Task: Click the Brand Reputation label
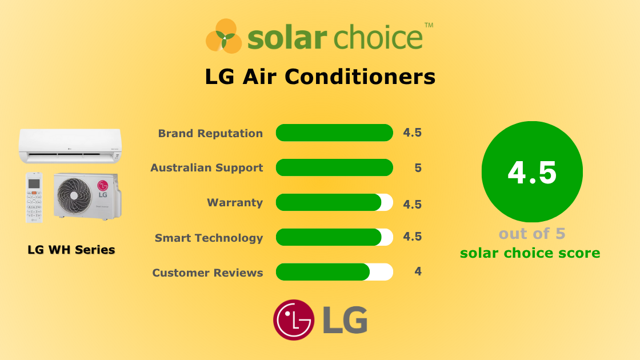point(210,133)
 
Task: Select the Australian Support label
point(206,168)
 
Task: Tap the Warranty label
point(235,203)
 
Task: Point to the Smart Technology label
point(209,238)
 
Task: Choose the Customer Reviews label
point(207,273)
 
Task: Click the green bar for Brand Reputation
point(334,133)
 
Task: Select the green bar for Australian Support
point(334,167)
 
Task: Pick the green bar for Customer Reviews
point(323,272)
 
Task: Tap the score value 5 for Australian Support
point(418,168)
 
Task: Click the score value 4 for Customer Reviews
point(418,272)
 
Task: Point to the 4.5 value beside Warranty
point(412,203)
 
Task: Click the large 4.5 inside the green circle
point(532,172)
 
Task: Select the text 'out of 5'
point(532,234)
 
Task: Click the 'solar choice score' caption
point(530,253)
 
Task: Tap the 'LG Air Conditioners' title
point(320,77)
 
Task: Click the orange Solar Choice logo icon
point(224,36)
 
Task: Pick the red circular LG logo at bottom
point(294,320)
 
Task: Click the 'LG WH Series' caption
point(71,250)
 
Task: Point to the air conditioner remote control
point(35,197)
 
